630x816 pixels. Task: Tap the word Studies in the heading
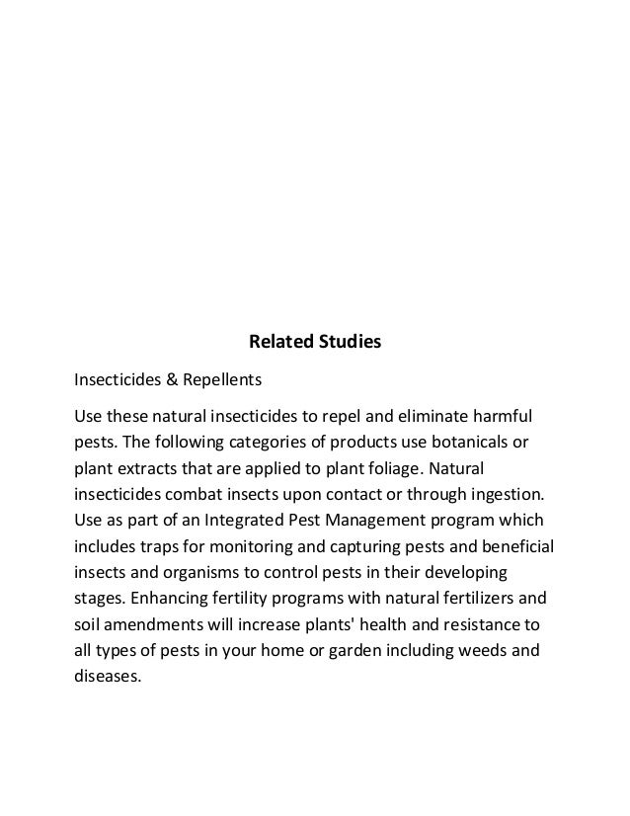tap(348, 344)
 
